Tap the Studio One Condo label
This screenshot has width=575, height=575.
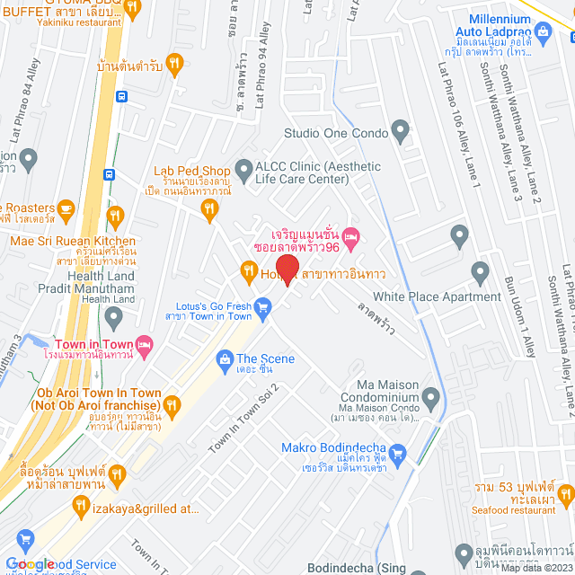coord(334,133)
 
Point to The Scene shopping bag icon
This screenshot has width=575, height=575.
coord(225,359)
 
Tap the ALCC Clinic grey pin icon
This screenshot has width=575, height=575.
coord(243,168)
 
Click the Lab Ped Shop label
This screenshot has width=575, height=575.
coord(192,171)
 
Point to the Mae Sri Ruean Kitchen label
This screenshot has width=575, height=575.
coord(72,241)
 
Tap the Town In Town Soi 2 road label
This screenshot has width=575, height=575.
coord(245,418)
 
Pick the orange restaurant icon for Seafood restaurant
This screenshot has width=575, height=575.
coord(565,492)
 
